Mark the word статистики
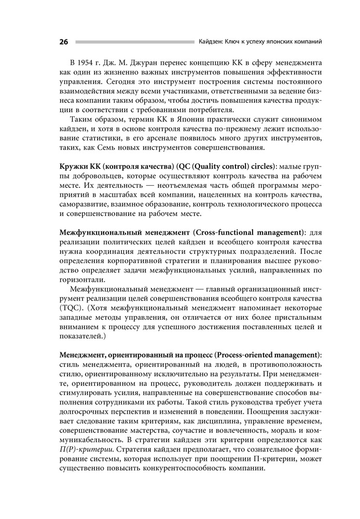point(90,136)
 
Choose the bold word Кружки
point(74,166)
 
